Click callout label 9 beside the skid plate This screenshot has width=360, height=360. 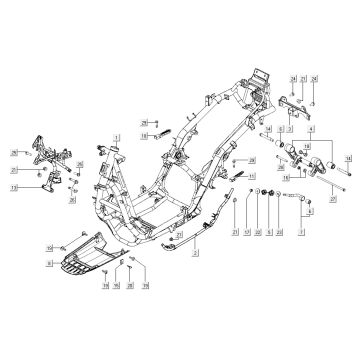coord(47,263)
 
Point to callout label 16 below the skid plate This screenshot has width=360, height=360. coord(117,313)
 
